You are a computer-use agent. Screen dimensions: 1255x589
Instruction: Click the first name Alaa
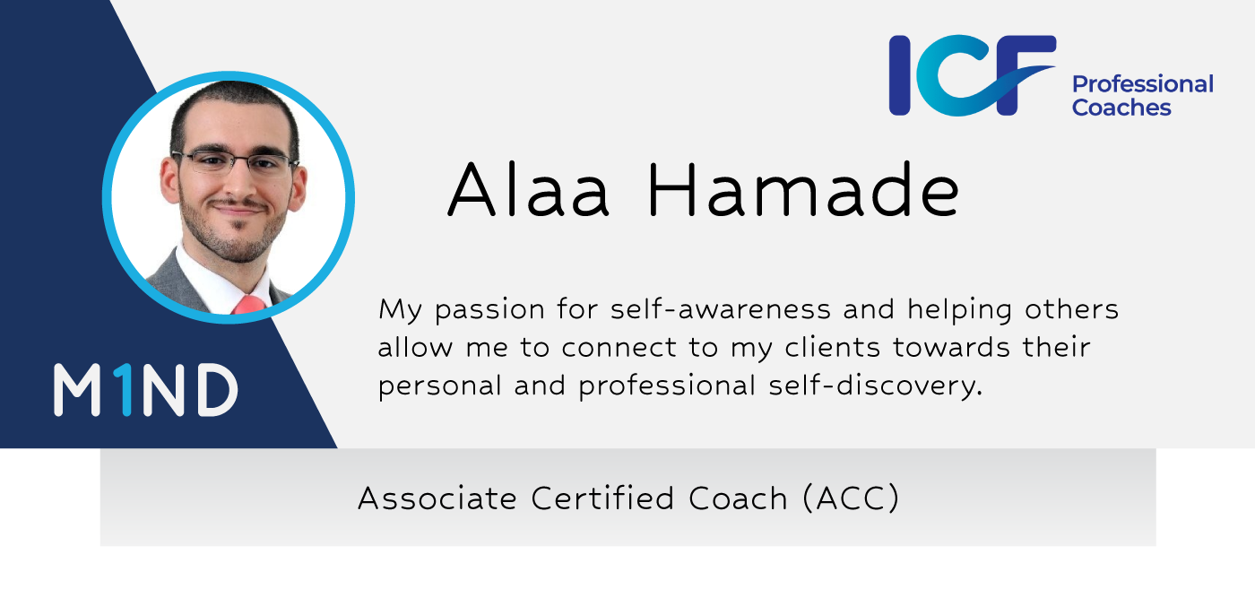[x=528, y=189]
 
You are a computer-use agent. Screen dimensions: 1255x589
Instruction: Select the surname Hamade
[x=804, y=189]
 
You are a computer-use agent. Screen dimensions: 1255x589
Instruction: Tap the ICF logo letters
[x=973, y=75]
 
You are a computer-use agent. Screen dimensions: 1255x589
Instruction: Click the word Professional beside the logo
[x=1143, y=85]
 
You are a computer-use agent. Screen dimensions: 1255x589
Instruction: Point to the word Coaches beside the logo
[x=1121, y=107]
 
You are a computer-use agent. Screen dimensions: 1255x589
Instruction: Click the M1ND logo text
[x=145, y=390]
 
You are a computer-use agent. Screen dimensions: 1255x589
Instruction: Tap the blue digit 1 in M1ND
[x=125, y=390]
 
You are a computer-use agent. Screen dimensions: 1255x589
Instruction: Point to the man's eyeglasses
[x=235, y=162]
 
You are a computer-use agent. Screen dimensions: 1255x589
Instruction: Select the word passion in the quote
[x=489, y=310]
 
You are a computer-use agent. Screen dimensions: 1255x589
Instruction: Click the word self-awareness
[x=721, y=308]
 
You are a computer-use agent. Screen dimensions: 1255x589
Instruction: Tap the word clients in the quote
[x=833, y=347]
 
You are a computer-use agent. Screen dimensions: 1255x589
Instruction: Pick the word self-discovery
[x=876, y=386]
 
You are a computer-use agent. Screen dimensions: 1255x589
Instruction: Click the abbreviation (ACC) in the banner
[x=851, y=498]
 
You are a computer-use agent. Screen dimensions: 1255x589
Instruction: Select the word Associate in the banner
[x=437, y=498]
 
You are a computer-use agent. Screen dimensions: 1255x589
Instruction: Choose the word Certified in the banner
[x=602, y=498]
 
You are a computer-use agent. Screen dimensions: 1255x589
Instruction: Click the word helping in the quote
[x=960, y=310]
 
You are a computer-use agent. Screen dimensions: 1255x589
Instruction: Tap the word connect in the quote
[x=619, y=348]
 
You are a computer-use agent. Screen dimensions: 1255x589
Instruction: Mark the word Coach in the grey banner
[x=738, y=498]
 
